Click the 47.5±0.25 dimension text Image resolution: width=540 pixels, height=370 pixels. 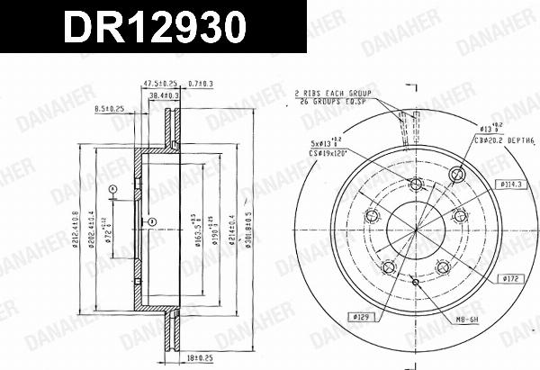point(159,84)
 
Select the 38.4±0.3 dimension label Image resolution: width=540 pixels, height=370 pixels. point(162,94)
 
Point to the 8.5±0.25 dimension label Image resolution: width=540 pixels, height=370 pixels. point(111,109)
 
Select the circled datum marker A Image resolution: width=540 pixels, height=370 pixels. point(113,188)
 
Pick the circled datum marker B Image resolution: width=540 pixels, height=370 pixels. point(154,222)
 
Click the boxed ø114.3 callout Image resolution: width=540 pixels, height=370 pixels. point(509,185)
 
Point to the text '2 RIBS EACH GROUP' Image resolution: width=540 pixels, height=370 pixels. point(334,94)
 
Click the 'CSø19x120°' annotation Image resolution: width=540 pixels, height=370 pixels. point(328,153)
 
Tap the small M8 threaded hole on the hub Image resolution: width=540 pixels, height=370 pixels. point(415,281)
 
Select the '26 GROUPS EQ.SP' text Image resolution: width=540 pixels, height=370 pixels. point(332,102)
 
